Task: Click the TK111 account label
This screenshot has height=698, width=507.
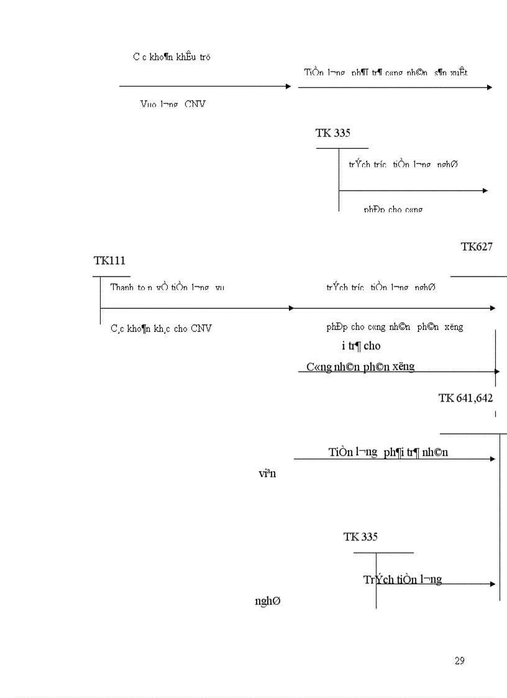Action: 109,260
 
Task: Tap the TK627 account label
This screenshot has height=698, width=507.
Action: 476,247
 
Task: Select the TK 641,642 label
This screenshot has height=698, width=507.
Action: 465,398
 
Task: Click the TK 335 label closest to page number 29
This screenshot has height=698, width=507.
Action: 360,537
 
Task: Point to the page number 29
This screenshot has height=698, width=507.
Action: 459,661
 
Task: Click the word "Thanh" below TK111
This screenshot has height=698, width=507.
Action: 122,287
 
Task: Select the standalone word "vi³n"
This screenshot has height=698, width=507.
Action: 267,474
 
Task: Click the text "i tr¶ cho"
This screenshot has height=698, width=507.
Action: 361,346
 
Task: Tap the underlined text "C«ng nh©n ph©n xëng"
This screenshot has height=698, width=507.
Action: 360,367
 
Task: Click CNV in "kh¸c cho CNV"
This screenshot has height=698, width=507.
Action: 201,328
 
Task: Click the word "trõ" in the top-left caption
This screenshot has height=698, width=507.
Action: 206,57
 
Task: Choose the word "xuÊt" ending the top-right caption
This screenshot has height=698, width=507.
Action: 460,73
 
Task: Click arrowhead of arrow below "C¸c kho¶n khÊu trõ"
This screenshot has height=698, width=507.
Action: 288,86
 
